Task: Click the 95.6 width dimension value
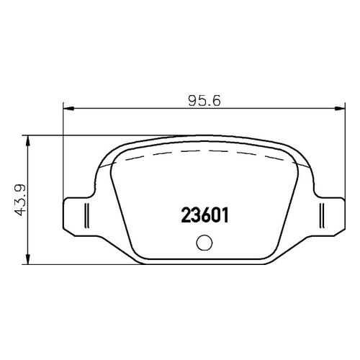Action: tap(204, 101)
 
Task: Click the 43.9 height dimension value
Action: tap(19, 200)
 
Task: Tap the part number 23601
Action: tap(204, 215)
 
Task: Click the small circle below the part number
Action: tap(204, 243)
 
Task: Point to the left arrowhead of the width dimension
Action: tap(68, 109)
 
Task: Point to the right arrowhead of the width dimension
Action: tap(340, 109)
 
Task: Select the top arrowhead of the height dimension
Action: tap(28, 142)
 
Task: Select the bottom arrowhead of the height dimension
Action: tap(28, 258)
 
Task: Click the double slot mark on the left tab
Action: tap(87, 215)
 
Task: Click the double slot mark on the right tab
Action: tap(322, 215)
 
